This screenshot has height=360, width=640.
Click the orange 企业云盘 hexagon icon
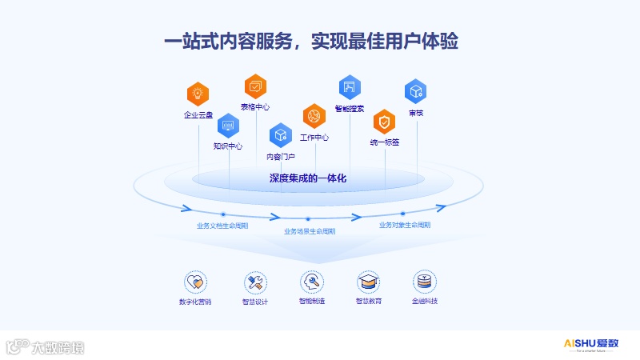[x=198, y=94]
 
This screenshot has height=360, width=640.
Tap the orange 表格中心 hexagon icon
[x=255, y=86]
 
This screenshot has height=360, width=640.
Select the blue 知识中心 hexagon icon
[x=228, y=125]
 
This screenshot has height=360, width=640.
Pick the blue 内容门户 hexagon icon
[x=280, y=135]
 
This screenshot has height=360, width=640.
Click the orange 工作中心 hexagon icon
[x=314, y=116]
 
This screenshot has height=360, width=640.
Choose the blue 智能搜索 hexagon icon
[x=349, y=86]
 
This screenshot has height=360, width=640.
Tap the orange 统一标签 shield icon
[x=385, y=121]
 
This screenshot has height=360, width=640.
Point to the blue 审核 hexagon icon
[x=415, y=91]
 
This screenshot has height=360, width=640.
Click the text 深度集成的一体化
[x=308, y=178]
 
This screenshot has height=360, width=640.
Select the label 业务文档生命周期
[x=222, y=226]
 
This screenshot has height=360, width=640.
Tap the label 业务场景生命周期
[x=310, y=231]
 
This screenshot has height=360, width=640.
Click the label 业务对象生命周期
[x=405, y=225]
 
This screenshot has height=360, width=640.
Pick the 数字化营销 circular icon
[x=196, y=282]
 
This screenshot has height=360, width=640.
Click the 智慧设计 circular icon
[x=255, y=282]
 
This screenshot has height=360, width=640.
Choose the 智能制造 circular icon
[x=312, y=282]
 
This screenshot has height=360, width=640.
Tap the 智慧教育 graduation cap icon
[x=368, y=282]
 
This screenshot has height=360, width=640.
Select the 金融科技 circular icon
[x=425, y=282]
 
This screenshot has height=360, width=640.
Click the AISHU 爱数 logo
[x=591, y=344]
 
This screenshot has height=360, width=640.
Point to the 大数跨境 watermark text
[x=58, y=347]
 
